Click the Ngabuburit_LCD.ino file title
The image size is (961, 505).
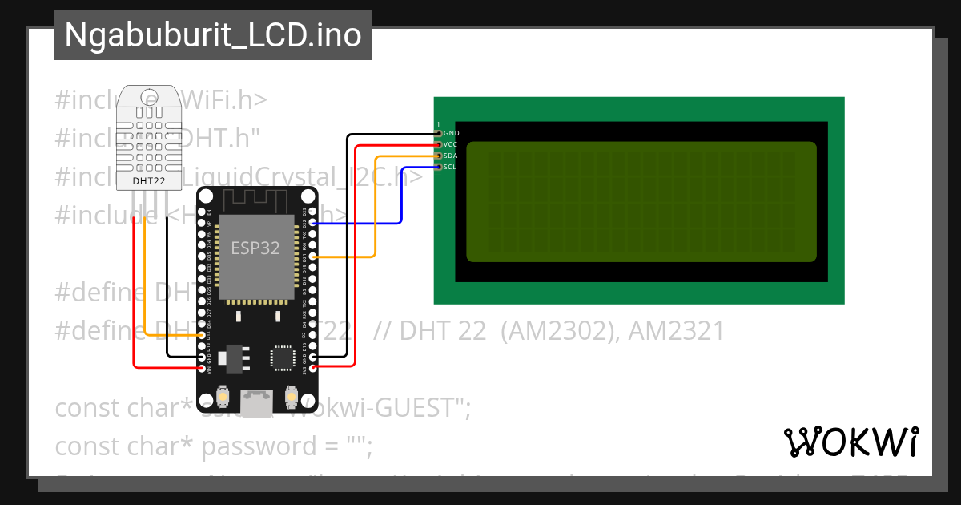coord(212,35)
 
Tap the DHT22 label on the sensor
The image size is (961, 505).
coord(150,182)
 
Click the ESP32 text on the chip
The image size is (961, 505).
coord(255,248)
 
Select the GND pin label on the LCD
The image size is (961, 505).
coord(451,133)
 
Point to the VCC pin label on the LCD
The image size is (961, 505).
coord(450,144)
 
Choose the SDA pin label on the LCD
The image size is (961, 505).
coord(450,156)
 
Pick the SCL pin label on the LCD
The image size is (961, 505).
coord(450,167)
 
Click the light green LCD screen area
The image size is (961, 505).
coord(641,201)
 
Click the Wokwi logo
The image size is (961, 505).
coord(850,442)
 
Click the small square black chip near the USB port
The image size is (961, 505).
coord(283,358)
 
